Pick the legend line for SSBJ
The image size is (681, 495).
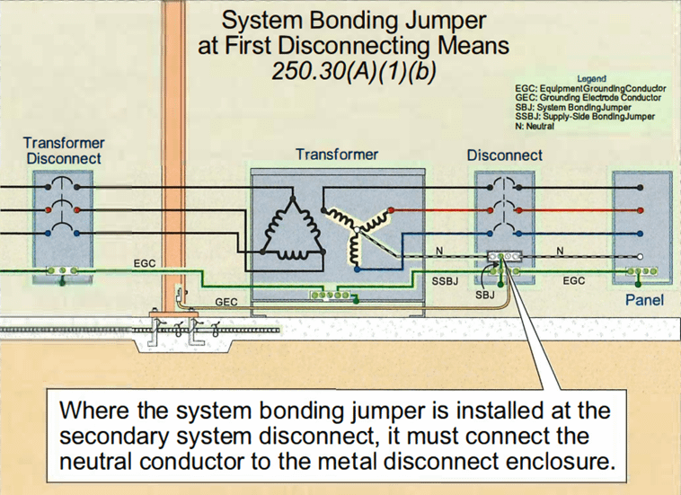coord(585,117)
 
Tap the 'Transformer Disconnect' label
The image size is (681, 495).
coord(63,150)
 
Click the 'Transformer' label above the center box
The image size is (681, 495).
coord(337,155)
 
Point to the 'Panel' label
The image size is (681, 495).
coord(644,299)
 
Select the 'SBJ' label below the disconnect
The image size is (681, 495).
coord(485,295)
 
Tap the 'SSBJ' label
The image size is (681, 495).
coord(447,281)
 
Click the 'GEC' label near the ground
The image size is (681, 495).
coord(226,302)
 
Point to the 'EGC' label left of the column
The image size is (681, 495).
coord(145,263)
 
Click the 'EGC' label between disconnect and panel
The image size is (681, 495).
coord(573,281)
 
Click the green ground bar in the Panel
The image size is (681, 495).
coord(643,270)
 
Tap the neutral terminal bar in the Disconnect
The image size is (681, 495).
coord(503,256)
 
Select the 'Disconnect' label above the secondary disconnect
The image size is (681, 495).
coord(504,155)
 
